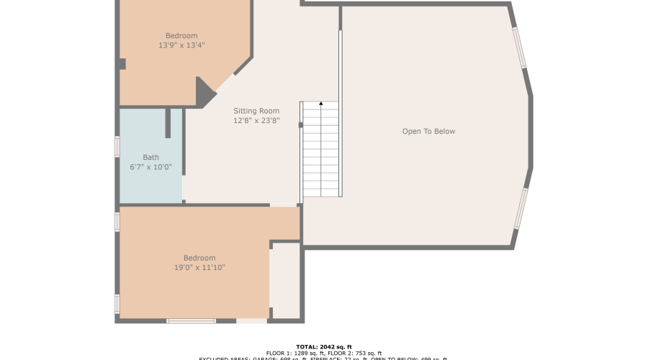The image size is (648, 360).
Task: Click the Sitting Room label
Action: click(x=256, y=111)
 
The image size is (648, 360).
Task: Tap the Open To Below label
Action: click(x=428, y=131)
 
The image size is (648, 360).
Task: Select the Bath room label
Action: click(x=150, y=157)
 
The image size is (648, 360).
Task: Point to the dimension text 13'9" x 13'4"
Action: click(x=181, y=45)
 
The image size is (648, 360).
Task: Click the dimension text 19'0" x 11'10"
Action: click(x=199, y=268)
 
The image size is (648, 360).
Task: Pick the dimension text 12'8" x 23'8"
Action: click(x=256, y=121)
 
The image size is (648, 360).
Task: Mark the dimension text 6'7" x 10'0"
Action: click(x=150, y=167)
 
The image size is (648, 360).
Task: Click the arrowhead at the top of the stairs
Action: click(x=320, y=104)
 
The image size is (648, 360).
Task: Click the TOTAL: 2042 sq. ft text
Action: click(x=324, y=346)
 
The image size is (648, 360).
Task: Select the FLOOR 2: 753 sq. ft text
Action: click(x=355, y=354)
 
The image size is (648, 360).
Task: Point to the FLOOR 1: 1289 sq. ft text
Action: click(x=296, y=354)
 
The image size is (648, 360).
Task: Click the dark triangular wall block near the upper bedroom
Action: click(x=204, y=93)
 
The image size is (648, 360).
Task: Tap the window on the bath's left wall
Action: click(x=117, y=146)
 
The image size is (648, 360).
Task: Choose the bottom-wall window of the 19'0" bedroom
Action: click(x=191, y=321)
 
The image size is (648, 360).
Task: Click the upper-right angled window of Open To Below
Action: click(x=519, y=48)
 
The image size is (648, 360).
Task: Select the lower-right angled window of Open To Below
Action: click(x=521, y=209)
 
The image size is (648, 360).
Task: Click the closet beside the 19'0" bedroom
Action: click(x=287, y=281)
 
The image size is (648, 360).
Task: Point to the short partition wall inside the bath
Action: click(x=168, y=123)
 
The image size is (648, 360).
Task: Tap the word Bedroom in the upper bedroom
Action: click(x=181, y=36)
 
